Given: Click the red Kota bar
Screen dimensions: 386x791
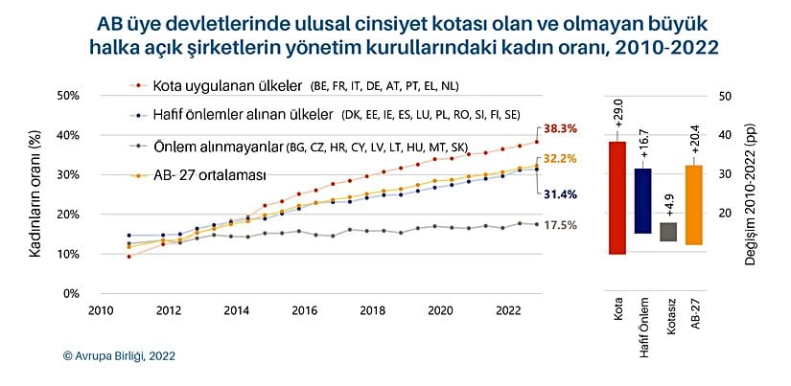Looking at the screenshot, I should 618,197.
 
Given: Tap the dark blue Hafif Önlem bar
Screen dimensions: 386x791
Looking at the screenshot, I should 642,201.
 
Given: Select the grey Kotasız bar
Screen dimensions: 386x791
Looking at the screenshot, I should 667,232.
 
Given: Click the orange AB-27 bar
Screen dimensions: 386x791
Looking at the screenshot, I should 692,204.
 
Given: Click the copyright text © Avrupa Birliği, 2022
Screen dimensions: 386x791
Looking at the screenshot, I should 119,354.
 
